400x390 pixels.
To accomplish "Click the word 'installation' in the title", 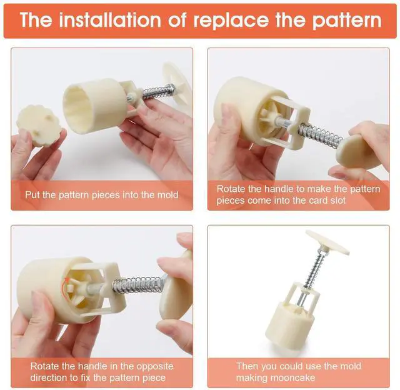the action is [110, 20].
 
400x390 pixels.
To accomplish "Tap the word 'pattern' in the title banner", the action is [347, 21].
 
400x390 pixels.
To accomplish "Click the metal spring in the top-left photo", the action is [158, 91].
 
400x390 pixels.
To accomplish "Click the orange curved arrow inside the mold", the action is [64, 288].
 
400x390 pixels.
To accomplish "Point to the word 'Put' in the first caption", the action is [32, 195].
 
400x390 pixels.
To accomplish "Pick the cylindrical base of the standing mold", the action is [290, 323].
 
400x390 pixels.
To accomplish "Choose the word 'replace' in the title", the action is [231, 21].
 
